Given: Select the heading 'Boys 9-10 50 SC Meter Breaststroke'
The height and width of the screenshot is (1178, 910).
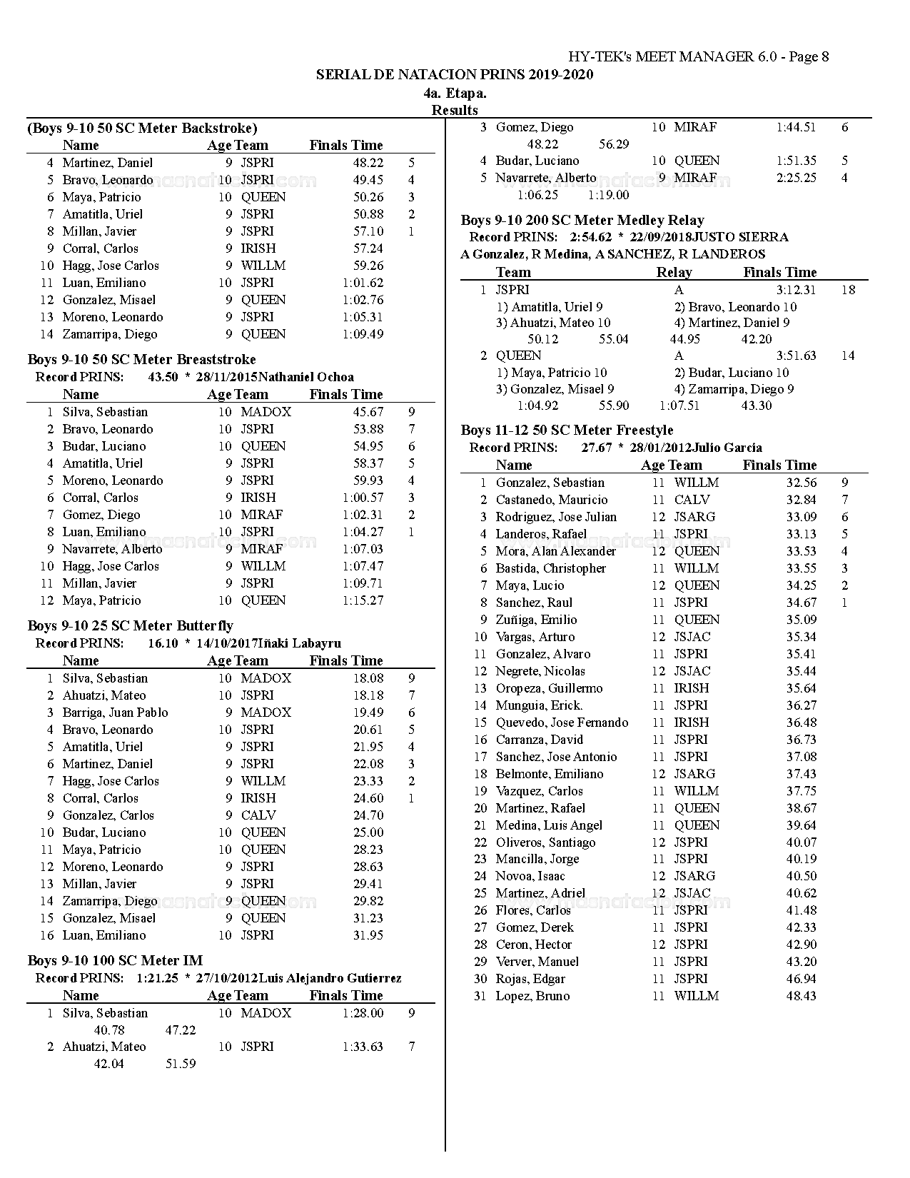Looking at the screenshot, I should (x=141, y=360).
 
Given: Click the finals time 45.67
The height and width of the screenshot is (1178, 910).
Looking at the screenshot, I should (x=368, y=412).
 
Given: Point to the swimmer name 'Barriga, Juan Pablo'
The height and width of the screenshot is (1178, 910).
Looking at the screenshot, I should (x=115, y=713).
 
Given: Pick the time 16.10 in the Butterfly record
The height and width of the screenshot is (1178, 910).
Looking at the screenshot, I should (x=163, y=643).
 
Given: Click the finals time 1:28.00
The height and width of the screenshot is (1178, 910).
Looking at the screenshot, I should (x=363, y=1013).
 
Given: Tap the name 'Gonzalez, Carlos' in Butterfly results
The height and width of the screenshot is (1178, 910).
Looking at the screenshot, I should (x=108, y=815).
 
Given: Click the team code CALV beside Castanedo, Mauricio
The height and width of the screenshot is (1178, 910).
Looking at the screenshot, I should (x=692, y=500).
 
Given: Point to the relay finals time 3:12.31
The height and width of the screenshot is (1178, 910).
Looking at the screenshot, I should (x=796, y=290).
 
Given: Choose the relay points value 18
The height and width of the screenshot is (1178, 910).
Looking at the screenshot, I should (x=848, y=290).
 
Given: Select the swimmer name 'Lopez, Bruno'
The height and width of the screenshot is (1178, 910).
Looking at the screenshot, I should (x=532, y=996).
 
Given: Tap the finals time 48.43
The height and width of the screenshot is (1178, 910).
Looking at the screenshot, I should (x=801, y=996).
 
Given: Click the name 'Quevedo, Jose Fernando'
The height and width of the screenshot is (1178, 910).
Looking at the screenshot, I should (x=562, y=723).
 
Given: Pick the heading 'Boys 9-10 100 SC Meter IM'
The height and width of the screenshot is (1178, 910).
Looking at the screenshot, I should (x=115, y=961).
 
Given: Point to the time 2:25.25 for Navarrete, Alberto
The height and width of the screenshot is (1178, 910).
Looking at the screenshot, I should (x=796, y=178).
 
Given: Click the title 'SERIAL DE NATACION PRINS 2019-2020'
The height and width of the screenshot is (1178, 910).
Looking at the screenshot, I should (x=455, y=75).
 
